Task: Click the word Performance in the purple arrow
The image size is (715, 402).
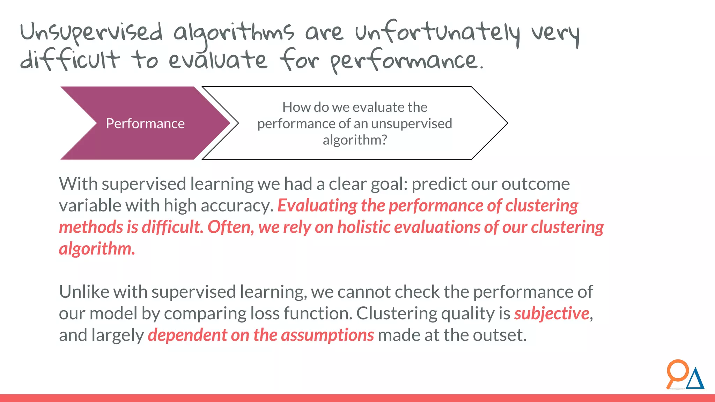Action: coord(145,124)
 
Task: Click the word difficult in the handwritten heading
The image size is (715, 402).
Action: coord(70,60)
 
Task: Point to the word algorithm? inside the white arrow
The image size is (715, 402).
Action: coord(355,140)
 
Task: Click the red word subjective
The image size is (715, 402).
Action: coord(552,313)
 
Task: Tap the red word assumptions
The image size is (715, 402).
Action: coord(327,335)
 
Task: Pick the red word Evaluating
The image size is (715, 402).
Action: coord(317,206)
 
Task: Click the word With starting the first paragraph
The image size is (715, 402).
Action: coord(78,184)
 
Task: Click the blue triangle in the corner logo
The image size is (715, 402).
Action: coord(695,380)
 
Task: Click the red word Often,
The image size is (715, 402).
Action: coord(231,227)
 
